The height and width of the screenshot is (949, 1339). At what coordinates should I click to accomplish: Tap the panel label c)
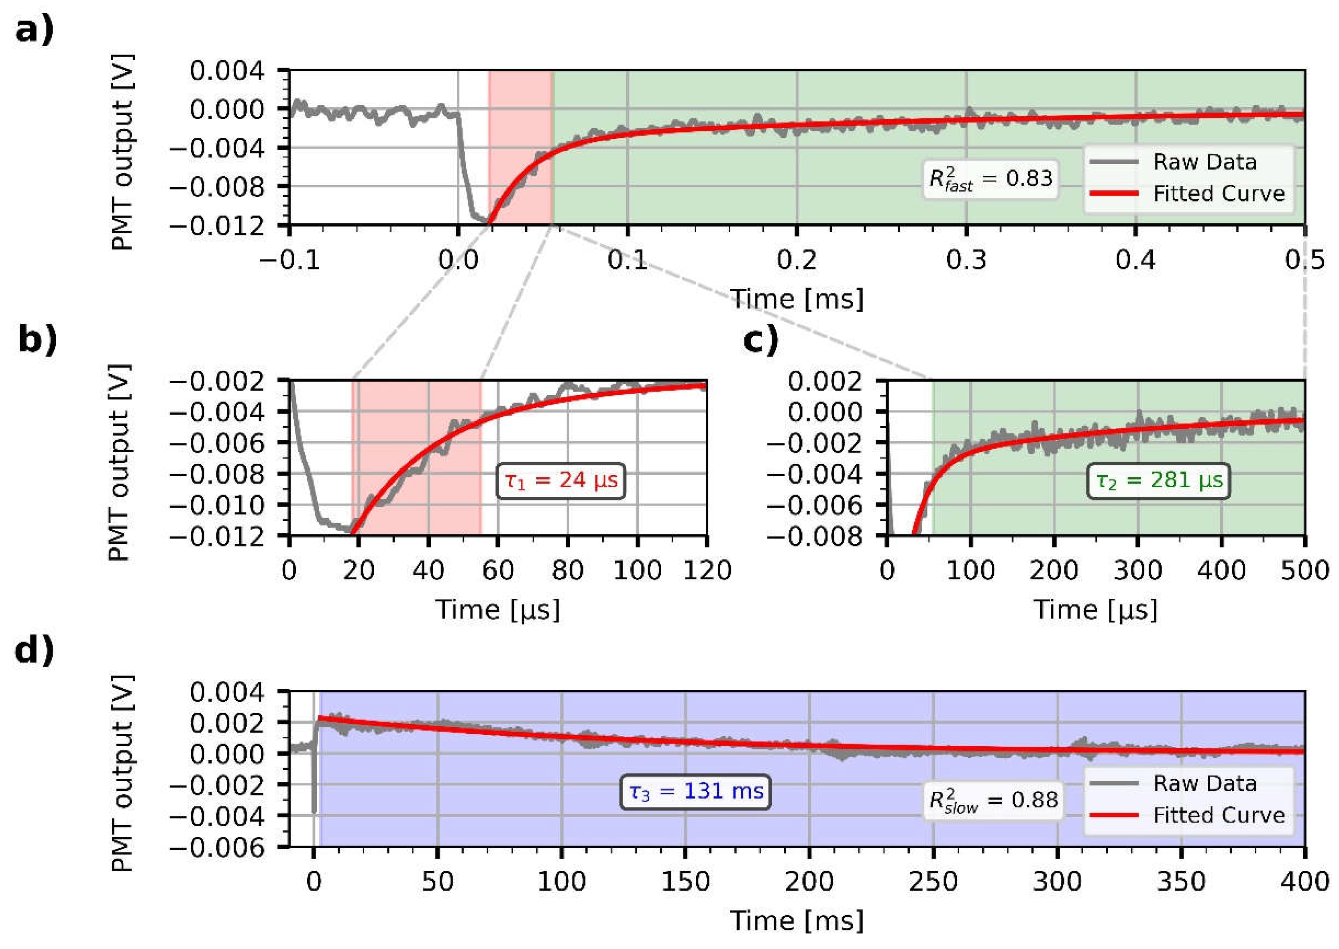click(760, 340)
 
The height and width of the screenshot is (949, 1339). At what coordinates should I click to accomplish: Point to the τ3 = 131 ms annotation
click(695, 792)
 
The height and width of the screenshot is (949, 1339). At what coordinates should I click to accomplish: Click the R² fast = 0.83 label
click(990, 179)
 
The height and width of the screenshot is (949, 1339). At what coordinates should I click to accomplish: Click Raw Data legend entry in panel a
click(1204, 162)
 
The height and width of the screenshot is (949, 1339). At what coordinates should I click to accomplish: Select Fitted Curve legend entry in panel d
click(1218, 815)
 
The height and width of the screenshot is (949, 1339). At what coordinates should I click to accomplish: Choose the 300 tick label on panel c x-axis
click(1137, 570)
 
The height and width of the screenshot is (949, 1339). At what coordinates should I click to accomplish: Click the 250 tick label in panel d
click(933, 881)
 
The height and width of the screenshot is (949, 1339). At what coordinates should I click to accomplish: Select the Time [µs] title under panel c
click(1095, 610)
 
